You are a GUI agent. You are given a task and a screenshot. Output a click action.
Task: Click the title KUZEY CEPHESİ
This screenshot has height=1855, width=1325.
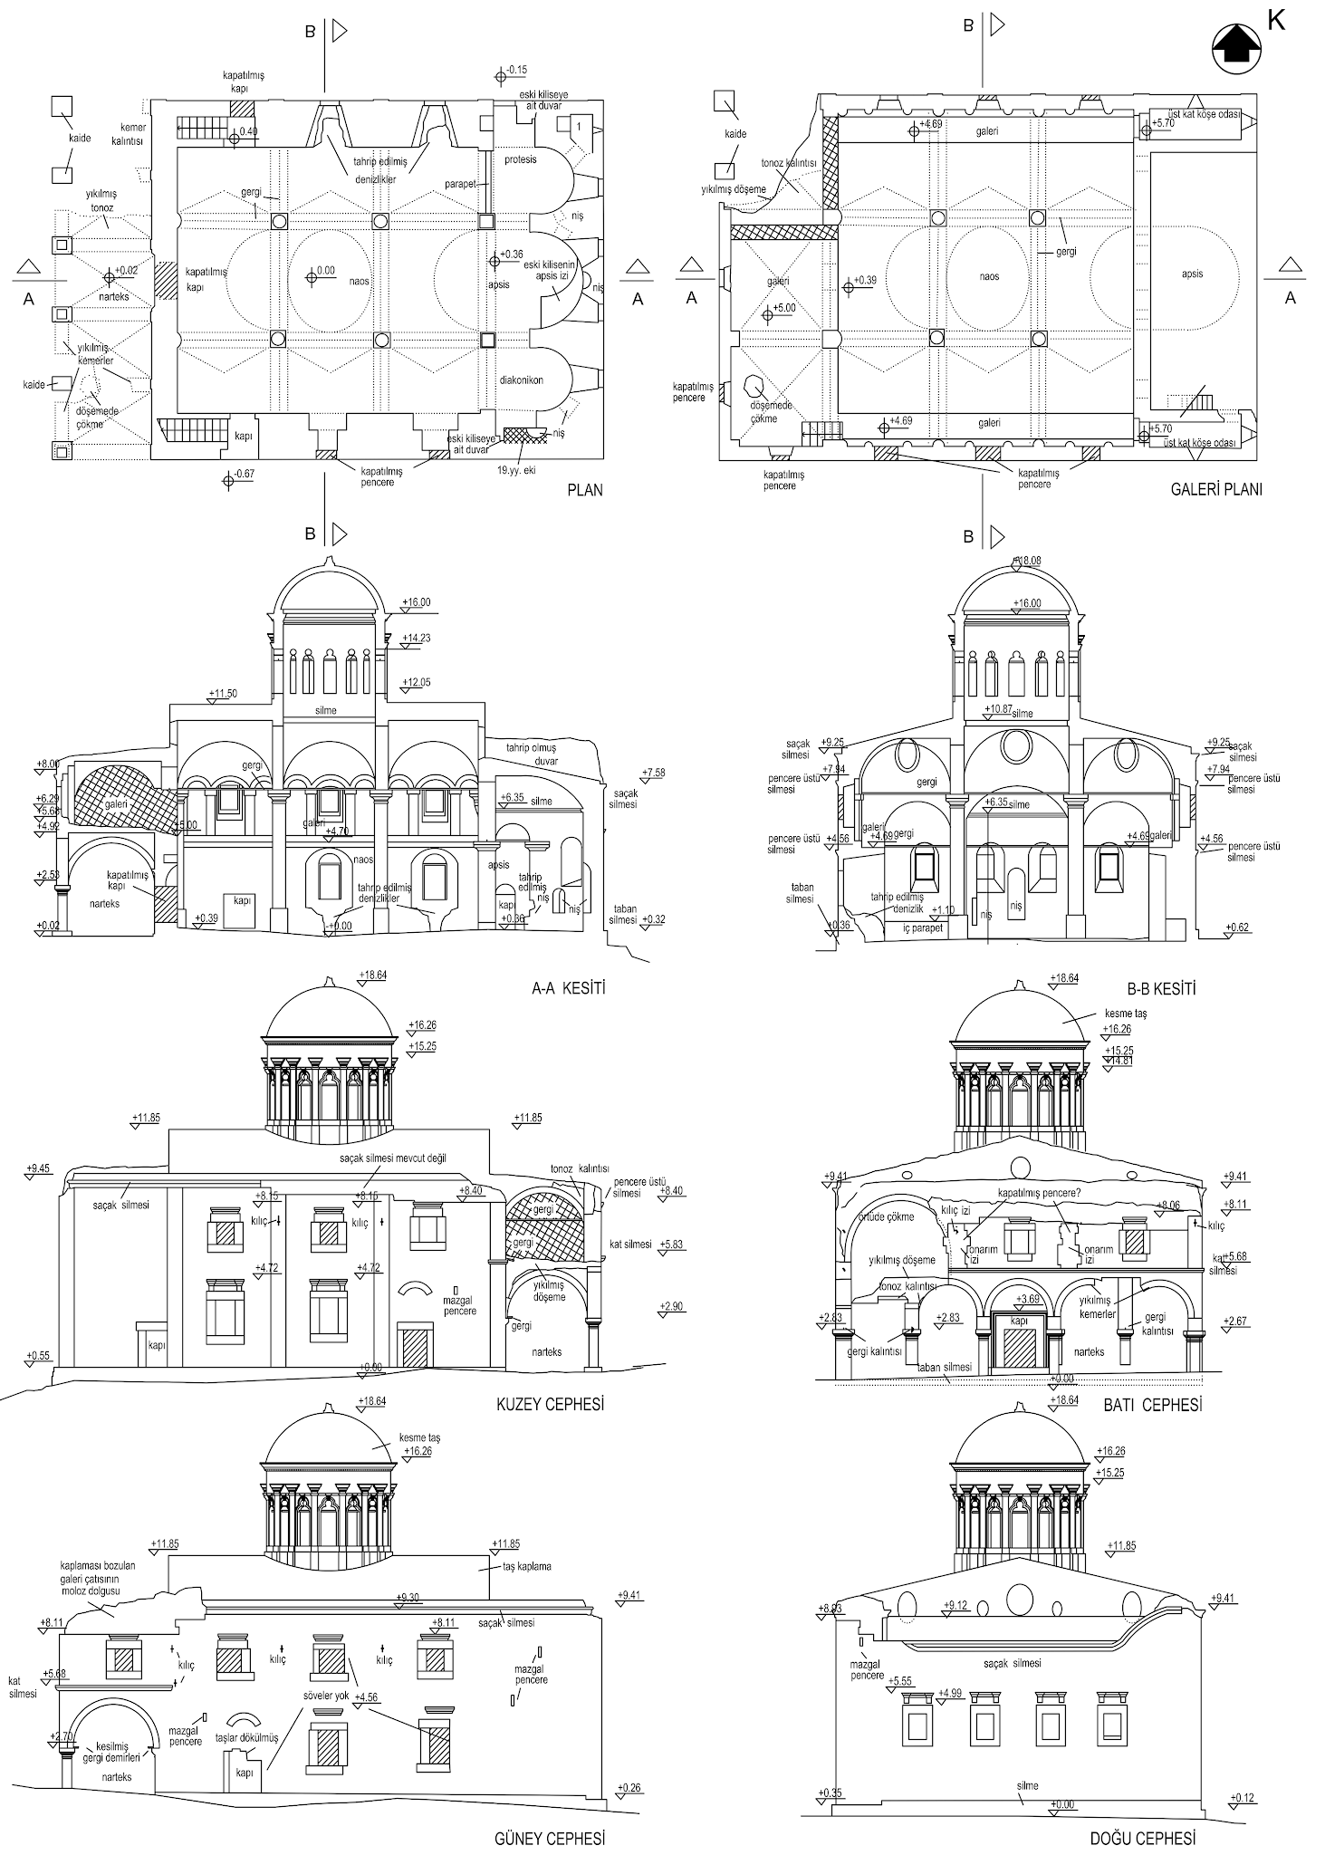(x=550, y=1405)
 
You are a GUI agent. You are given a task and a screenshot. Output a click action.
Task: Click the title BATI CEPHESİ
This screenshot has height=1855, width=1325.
(x=1152, y=1405)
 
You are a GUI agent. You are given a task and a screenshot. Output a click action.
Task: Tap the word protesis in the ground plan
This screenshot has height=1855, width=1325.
(x=520, y=160)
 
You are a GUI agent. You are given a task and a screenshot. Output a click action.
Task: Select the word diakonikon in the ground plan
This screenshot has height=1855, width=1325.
(x=520, y=380)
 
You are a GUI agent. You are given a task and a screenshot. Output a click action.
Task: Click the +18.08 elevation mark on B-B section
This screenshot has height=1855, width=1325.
(x=1028, y=561)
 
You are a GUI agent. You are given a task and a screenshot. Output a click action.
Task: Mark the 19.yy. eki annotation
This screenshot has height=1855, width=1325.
(x=516, y=470)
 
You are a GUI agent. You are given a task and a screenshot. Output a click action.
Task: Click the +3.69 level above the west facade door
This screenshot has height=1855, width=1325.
(x=1027, y=1300)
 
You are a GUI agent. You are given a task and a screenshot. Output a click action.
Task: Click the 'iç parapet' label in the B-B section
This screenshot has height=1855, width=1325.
(x=922, y=928)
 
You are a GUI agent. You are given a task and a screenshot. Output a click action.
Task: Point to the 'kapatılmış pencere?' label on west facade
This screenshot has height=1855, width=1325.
(x=1039, y=1193)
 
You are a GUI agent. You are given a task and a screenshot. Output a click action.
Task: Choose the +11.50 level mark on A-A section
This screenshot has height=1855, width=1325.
(x=223, y=695)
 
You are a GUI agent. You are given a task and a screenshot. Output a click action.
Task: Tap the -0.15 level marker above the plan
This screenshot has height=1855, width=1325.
(x=517, y=70)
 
